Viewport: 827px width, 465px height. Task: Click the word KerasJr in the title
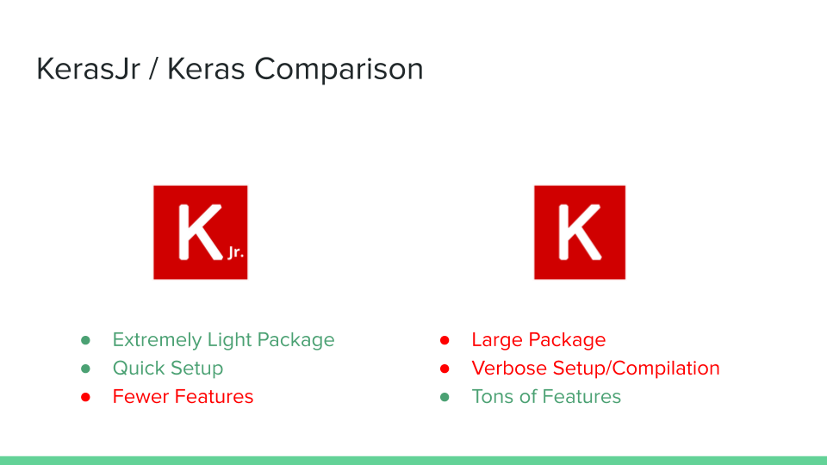click(88, 70)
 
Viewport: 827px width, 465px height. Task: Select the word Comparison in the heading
click(339, 70)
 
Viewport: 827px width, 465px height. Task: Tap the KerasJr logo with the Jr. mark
click(201, 232)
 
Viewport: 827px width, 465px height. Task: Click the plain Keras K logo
click(580, 232)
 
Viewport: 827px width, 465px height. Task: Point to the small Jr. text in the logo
click(236, 252)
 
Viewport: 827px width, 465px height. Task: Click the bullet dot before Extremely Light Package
click(85, 340)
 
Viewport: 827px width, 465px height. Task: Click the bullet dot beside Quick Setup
click(85, 369)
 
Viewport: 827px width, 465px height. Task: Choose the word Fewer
click(140, 396)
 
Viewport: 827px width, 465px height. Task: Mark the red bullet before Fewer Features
click(85, 397)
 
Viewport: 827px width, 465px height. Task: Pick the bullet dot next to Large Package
click(445, 340)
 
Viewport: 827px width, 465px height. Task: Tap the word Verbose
click(509, 368)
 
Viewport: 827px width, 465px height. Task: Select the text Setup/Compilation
click(636, 369)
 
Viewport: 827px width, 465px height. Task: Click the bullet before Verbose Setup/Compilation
click(445, 369)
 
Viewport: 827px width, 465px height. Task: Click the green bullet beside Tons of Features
click(445, 397)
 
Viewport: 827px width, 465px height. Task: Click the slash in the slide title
click(153, 70)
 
